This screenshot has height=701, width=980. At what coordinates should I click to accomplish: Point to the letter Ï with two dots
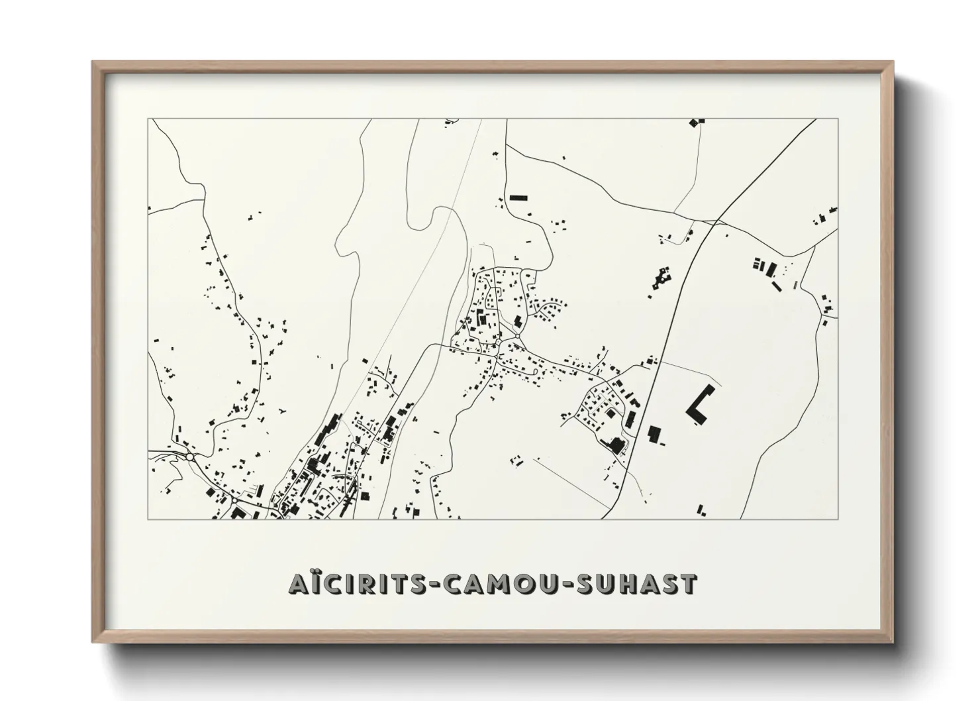(x=311, y=583)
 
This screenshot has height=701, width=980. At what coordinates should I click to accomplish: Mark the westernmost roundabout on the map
(x=190, y=457)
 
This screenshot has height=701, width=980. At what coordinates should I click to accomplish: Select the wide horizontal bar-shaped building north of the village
(x=518, y=197)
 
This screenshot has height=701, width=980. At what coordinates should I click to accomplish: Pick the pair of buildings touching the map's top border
(x=697, y=122)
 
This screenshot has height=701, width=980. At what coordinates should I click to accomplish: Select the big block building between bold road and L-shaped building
(x=655, y=435)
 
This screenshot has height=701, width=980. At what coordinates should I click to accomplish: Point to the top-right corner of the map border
(x=838, y=119)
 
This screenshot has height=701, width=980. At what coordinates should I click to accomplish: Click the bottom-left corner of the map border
(x=148, y=519)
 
